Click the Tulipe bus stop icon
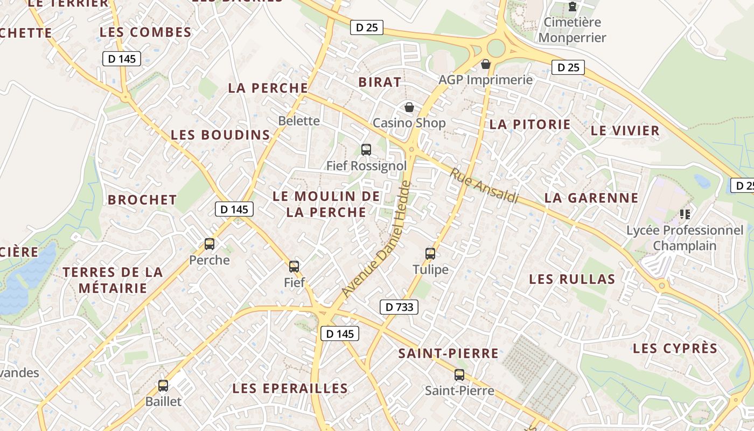pyautogui.click(x=430, y=253)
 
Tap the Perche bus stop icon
pyautogui.click(x=210, y=244)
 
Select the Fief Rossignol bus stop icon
pyautogui.click(x=366, y=149)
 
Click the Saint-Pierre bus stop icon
pyautogui.click(x=459, y=374)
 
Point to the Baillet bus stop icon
pyautogui.click(x=163, y=386)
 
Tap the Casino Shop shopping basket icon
pyautogui.click(x=409, y=107)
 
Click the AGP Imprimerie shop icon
pyautogui.click(x=486, y=64)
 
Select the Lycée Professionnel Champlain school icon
pyautogui.click(x=685, y=214)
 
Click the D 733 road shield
pyautogui.click(x=399, y=307)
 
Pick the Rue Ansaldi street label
pyautogui.click(x=484, y=186)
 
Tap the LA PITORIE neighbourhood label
pyautogui.click(x=530, y=124)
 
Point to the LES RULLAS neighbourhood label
pyautogui.click(x=572, y=279)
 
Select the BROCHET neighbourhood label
pyautogui.click(x=142, y=200)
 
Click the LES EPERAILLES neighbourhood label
pyautogui.click(x=290, y=388)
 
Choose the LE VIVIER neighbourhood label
pyautogui.click(x=625, y=130)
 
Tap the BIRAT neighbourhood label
pyautogui.click(x=380, y=82)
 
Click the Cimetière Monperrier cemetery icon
pyautogui.click(x=572, y=7)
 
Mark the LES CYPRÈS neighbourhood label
pyautogui.click(x=675, y=349)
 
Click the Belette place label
pyautogui.click(x=299, y=121)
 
